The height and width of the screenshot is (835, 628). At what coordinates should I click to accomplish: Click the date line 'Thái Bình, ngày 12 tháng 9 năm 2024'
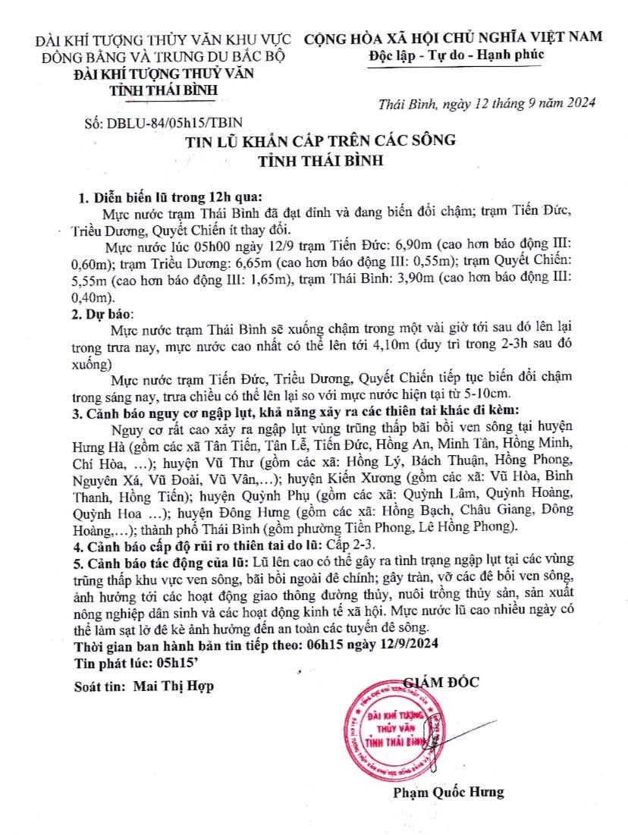[487, 103]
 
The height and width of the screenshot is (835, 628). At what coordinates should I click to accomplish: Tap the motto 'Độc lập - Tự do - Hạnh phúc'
[457, 55]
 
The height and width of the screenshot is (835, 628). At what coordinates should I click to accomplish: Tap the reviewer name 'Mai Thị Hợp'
[173, 686]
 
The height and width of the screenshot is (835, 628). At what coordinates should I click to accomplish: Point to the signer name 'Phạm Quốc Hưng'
[448, 793]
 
